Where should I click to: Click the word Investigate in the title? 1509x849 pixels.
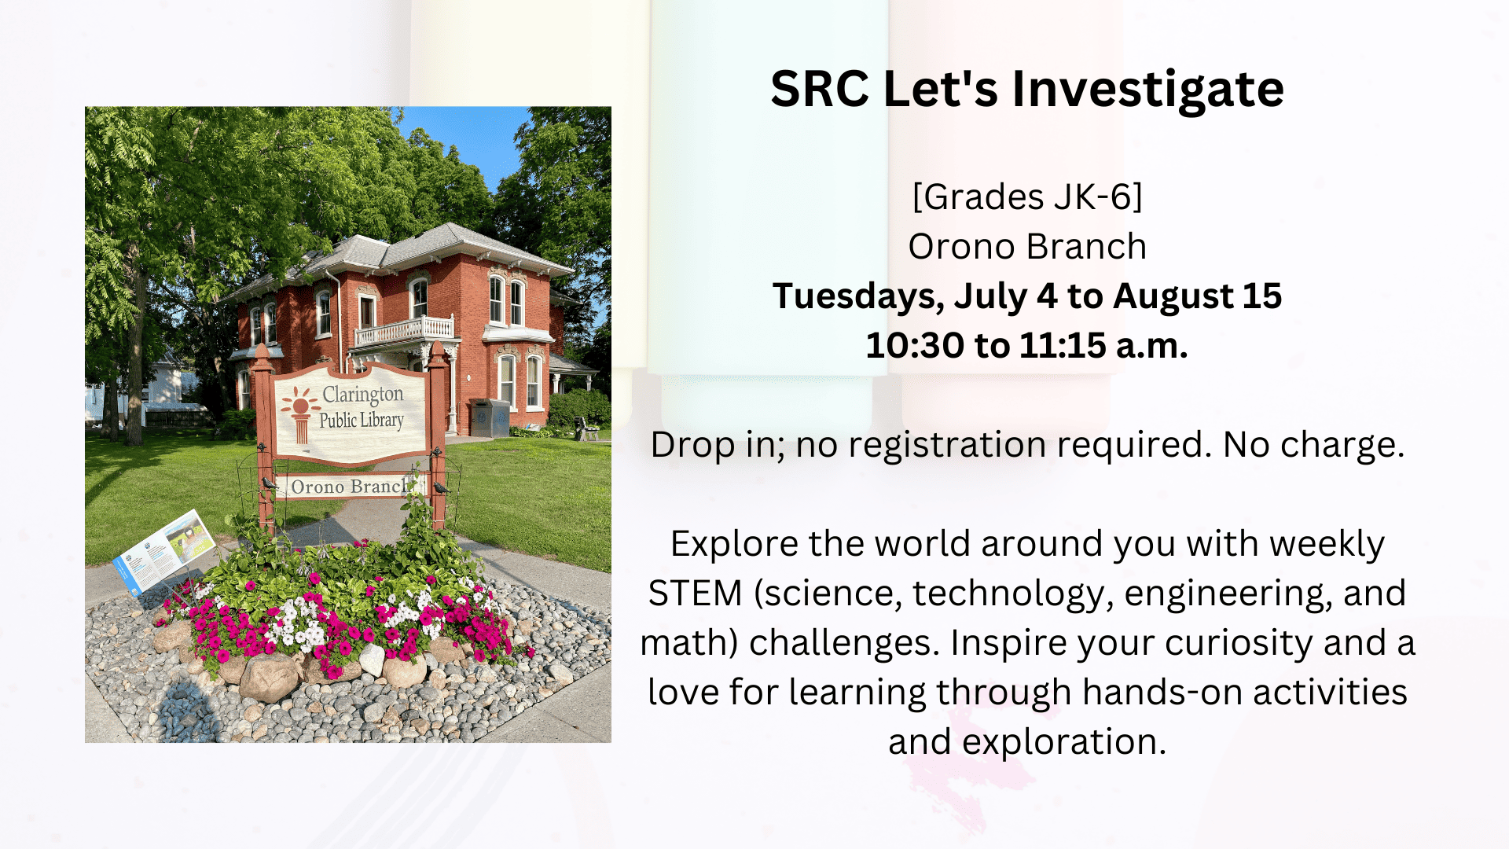tap(1147, 89)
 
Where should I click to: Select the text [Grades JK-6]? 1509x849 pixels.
tap(1027, 197)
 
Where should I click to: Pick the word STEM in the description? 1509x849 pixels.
tap(695, 594)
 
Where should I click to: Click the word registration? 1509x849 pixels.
tap(947, 445)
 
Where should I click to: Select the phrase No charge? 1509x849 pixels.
tap(1313, 445)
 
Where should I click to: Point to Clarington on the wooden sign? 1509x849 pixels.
tap(362, 394)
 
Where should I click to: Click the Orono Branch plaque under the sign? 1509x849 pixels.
tap(349, 487)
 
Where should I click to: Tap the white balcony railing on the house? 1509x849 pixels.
tap(404, 330)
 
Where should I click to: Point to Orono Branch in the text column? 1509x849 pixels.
tap(1027, 247)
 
